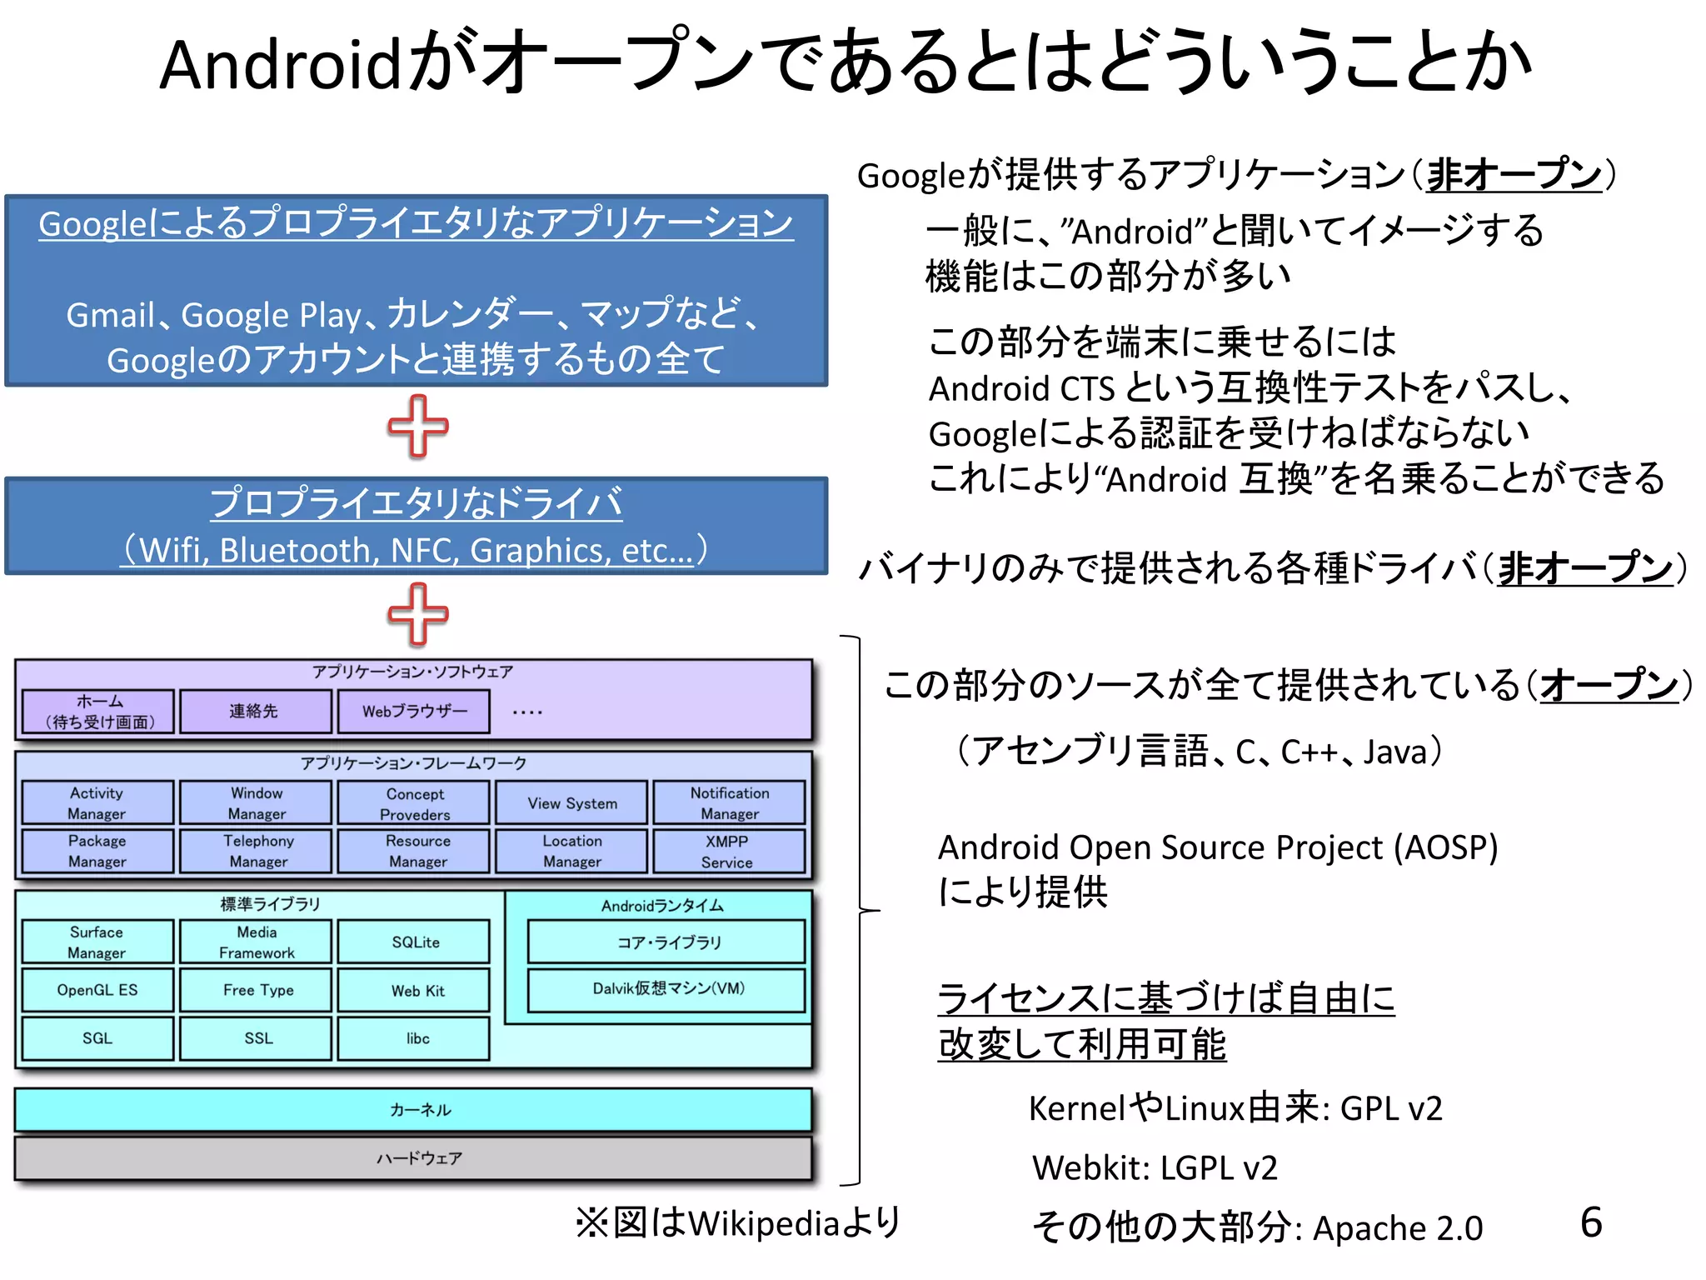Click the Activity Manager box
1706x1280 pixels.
pos(97,802)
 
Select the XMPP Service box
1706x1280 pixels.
pos(728,851)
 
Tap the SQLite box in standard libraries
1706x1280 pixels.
pos(415,942)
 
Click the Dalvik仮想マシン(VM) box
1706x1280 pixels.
pos(666,989)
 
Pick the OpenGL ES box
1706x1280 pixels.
pos(97,990)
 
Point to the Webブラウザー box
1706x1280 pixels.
pos(414,712)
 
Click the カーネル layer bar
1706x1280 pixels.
pos(413,1110)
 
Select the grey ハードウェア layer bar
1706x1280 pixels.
pos(413,1158)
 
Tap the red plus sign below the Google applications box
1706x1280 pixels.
pos(418,427)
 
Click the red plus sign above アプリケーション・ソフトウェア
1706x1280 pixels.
pos(418,615)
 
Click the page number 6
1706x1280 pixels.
pos(1591,1222)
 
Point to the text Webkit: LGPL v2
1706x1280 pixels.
pos(1154,1167)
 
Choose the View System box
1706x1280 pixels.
pos(571,803)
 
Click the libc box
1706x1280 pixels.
pos(415,1038)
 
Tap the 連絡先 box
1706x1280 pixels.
pos(255,712)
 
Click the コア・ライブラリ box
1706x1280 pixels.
pos(666,942)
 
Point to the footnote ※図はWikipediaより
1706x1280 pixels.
pos(738,1222)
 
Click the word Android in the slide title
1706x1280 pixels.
pos(281,65)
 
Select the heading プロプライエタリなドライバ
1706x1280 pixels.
pos(416,503)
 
